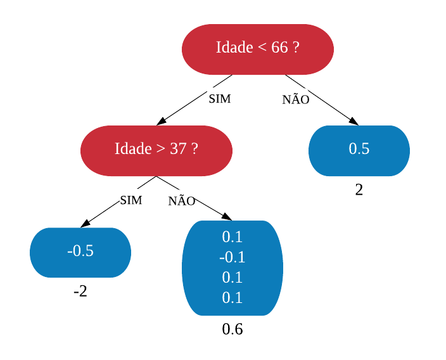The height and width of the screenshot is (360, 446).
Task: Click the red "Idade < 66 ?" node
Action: click(258, 49)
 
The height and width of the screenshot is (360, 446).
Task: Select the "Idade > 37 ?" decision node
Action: click(156, 151)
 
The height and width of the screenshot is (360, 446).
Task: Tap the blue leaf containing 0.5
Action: click(359, 151)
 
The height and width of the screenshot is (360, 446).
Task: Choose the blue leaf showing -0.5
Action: click(80, 252)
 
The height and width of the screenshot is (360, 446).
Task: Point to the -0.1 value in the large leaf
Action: click(232, 257)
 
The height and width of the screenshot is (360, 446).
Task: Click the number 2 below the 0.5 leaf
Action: click(359, 190)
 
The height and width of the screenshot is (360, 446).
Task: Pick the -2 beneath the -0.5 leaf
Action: click(80, 292)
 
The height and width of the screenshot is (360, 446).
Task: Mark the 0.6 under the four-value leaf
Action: click(233, 330)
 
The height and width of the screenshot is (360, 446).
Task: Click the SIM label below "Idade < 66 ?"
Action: click(220, 99)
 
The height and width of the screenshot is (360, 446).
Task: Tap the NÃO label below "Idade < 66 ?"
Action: click(296, 98)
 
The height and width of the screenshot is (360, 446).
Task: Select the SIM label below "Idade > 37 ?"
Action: click(131, 200)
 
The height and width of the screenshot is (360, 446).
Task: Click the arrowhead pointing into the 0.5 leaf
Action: click(354, 122)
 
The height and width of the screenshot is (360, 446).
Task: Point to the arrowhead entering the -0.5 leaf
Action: click(86, 223)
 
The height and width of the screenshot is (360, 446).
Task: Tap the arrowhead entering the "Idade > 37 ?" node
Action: click(162, 121)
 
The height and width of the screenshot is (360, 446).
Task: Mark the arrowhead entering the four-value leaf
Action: click(227, 217)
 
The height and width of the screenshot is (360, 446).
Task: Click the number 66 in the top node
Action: click(279, 47)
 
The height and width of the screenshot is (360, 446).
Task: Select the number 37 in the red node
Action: click(179, 148)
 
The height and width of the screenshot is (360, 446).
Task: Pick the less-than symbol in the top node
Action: click(262, 48)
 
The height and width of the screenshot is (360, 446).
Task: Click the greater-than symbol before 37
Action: click(161, 149)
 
